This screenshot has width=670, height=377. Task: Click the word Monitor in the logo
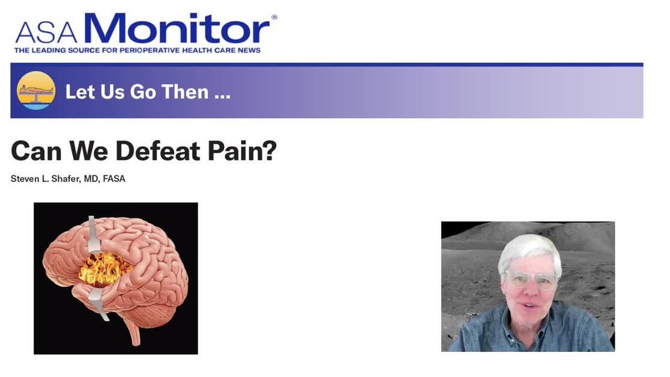177,28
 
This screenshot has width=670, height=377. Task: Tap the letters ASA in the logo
47,33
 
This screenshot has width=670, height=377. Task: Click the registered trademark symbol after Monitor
275,17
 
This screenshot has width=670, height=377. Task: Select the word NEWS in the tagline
249,51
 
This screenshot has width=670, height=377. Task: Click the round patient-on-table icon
36,91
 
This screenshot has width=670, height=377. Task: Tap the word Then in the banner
184,92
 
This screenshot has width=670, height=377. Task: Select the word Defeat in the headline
157,151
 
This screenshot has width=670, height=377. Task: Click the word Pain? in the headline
242,151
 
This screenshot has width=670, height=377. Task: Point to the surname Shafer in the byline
65,179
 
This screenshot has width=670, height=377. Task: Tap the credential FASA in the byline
114,179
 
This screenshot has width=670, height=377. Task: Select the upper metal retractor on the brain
94,235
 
